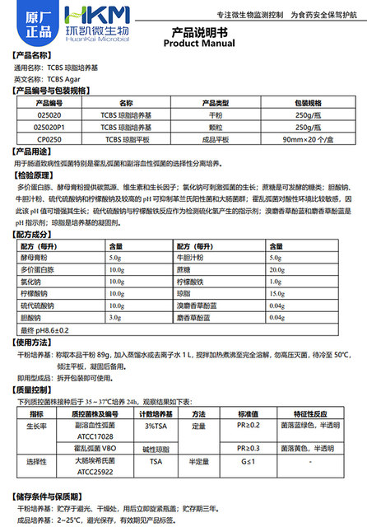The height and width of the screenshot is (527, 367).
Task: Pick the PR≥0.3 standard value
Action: coord(248,448)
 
